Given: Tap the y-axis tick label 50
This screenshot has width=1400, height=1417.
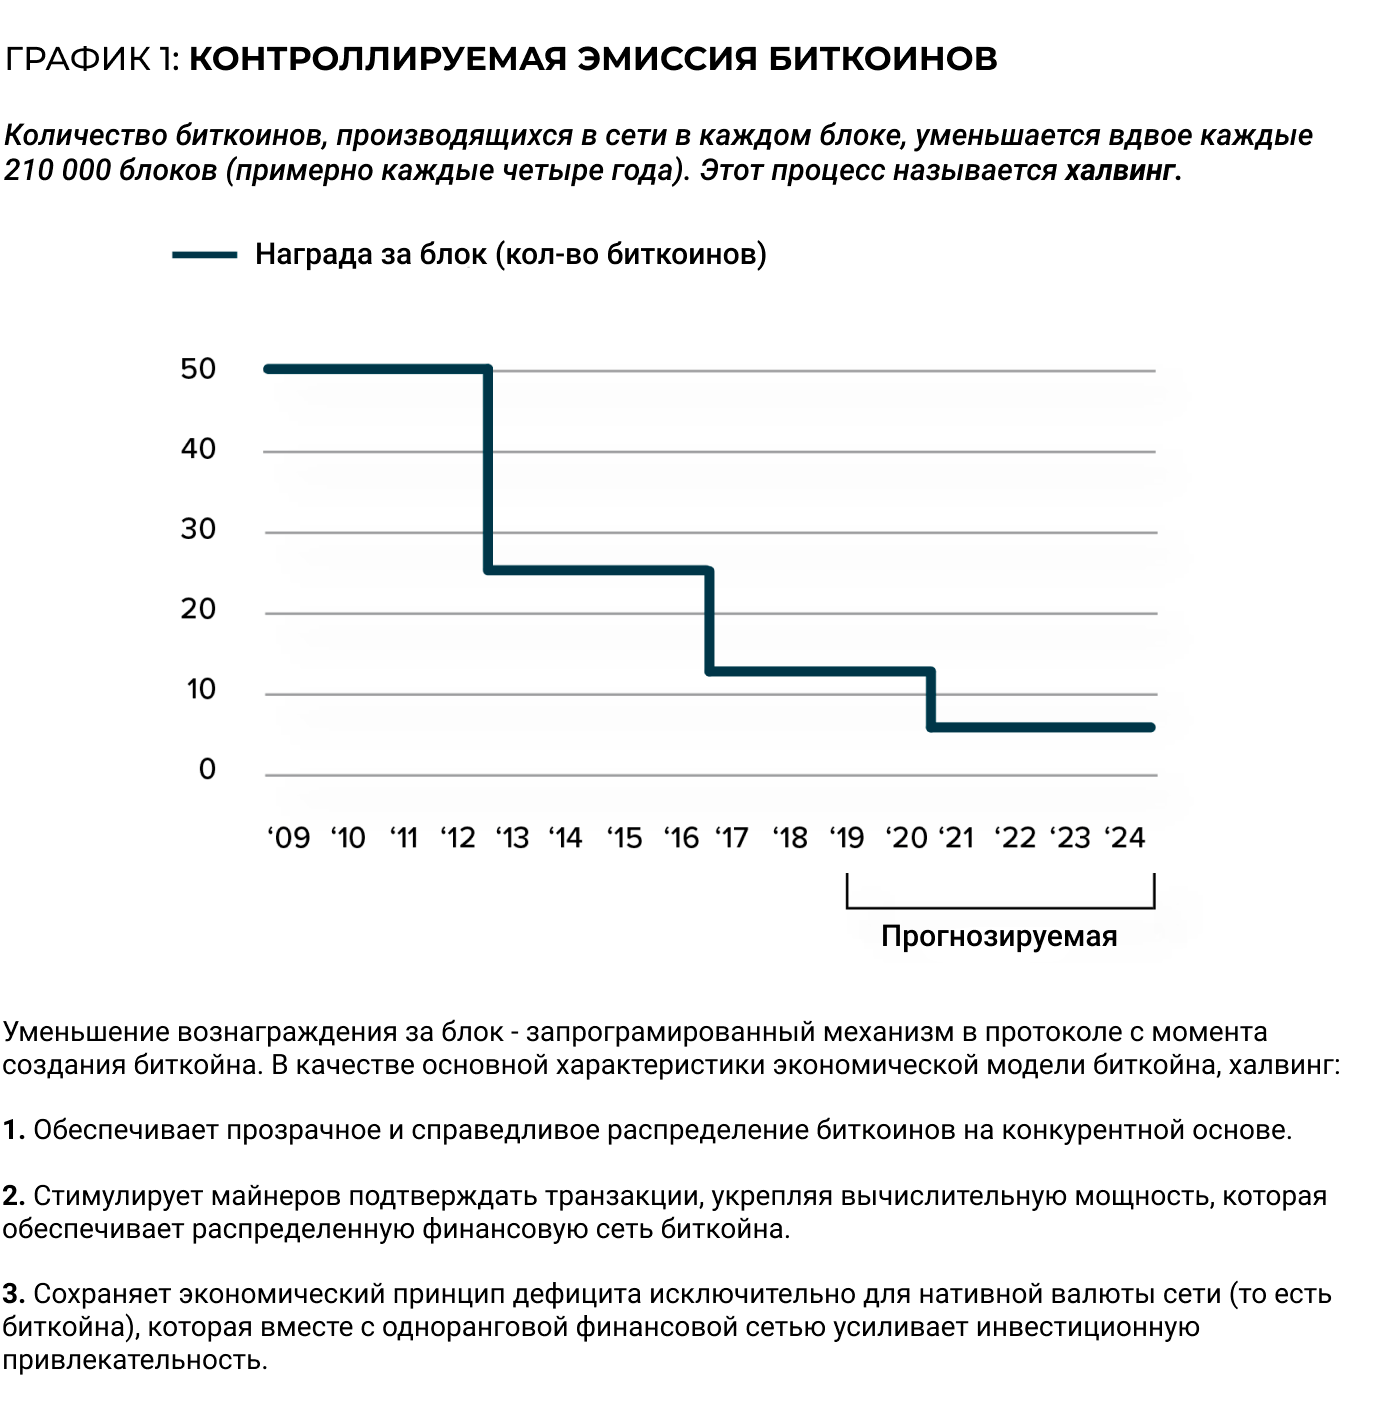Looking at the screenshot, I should (x=198, y=369).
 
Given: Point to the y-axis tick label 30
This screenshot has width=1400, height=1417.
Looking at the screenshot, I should (x=198, y=529).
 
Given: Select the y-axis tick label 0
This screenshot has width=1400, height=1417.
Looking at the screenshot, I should (x=207, y=769).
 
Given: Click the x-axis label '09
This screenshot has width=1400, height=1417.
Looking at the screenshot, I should (x=289, y=838).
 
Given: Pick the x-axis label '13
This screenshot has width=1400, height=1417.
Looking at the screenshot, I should (x=512, y=838).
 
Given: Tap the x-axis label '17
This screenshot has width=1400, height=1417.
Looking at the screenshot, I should (x=732, y=838).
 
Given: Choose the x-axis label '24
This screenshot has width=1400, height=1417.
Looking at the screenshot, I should (x=1125, y=838).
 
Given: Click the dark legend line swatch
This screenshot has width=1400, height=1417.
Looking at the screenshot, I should (x=204, y=256).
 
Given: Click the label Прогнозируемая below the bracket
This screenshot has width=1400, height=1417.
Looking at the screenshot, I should (x=999, y=937).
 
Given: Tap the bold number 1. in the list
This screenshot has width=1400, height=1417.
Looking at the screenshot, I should (x=13, y=1131).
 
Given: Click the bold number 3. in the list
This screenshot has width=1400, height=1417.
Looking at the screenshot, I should (x=13, y=1295).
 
